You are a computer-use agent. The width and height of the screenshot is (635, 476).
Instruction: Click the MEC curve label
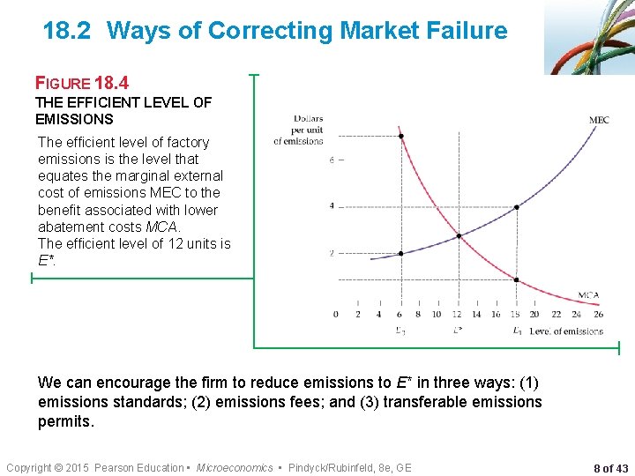[x=599, y=120]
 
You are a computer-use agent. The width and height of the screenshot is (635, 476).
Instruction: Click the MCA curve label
[x=589, y=295]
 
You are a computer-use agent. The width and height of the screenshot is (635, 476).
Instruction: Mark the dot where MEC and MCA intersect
[x=458, y=236]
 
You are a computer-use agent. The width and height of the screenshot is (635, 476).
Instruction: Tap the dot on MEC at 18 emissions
[x=516, y=207]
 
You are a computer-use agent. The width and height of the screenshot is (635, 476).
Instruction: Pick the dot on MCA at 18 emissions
[x=516, y=280]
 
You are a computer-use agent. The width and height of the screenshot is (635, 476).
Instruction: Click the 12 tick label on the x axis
[x=457, y=314]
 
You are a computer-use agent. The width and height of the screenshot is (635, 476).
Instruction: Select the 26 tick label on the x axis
[x=599, y=314]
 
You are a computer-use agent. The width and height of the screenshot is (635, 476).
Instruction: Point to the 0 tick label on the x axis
[x=335, y=314]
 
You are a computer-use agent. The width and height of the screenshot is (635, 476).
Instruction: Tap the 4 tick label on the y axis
[x=332, y=206]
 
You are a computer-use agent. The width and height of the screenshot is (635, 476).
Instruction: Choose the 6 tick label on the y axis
[x=332, y=160]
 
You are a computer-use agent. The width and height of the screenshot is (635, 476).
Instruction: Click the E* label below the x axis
[x=458, y=331]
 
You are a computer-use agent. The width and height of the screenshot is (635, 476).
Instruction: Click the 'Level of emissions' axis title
[x=566, y=331]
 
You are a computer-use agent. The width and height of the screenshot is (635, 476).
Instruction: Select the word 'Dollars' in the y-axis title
[x=308, y=119]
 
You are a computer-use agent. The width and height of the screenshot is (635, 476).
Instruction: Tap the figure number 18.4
[x=111, y=84]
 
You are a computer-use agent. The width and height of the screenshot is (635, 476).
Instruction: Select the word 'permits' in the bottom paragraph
[x=63, y=421]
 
